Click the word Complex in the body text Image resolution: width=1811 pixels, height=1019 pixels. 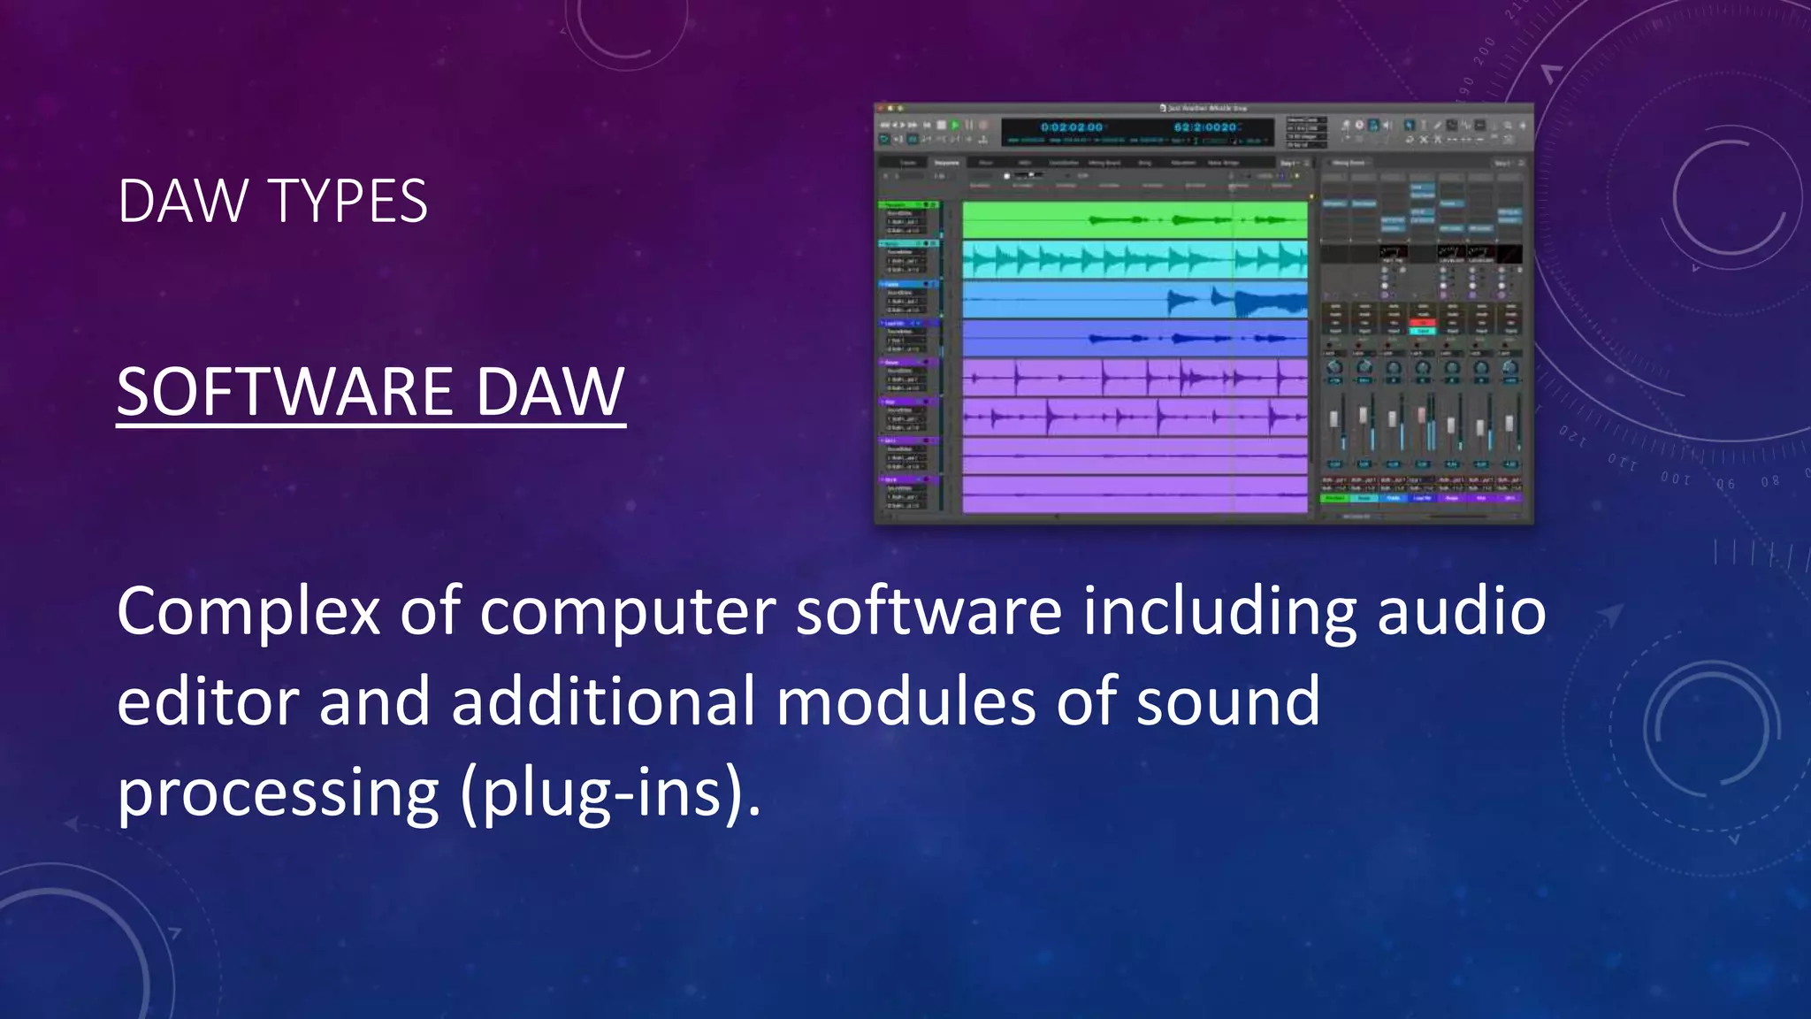pyautogui.click(x=248, y=612)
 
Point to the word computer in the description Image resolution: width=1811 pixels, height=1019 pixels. pyautogui.click(x=628, y=612)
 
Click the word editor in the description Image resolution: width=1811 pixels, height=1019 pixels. pyautogui.click(x=209, y=701)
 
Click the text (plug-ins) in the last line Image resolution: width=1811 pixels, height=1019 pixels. pyautogui.click(x=610, y=792)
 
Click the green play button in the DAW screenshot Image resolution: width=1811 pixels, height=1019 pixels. pyautogui.click(x=955, y=126)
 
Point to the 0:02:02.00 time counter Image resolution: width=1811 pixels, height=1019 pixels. pyautogui.click(x=1072, y=127)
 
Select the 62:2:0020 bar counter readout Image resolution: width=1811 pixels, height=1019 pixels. pyautogui.click(x=1205, y=127)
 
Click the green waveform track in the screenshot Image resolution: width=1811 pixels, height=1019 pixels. pyautogui.click(x=1135, y=220)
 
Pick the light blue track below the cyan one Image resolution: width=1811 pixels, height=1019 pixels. pyautogui.click(x=1135, y=301)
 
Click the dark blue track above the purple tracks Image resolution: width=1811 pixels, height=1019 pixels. pyautogui.click(x=1135, y=338)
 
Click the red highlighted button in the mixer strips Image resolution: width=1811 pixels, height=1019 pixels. pyautogui.click(x=1422, y=322)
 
